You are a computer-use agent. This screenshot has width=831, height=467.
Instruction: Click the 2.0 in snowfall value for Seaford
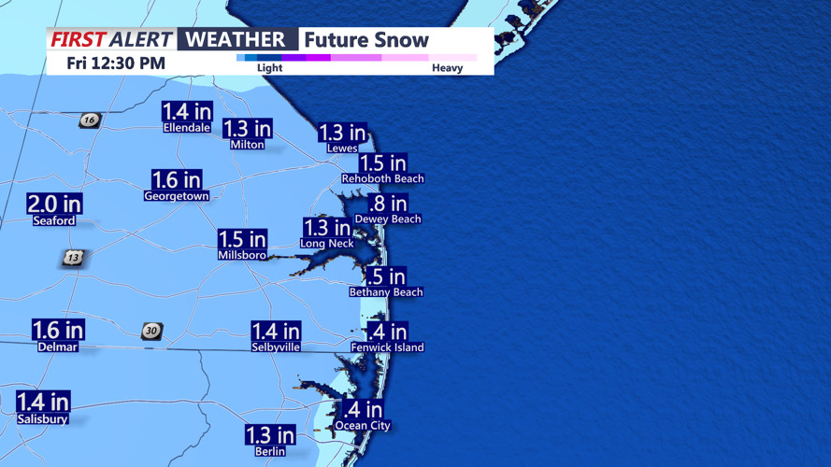tap(54, 204)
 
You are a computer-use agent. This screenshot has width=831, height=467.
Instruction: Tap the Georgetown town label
tap(177, 197)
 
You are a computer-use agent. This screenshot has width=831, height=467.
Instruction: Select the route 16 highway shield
tap(89, 120)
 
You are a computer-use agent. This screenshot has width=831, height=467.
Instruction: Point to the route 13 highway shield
tap(73, 258)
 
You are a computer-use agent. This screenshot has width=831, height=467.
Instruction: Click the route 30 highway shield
tap(151, 332)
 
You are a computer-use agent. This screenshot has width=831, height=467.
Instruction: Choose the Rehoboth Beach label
tap(382, 178)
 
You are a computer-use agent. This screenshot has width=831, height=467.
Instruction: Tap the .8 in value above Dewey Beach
tap(388, 204)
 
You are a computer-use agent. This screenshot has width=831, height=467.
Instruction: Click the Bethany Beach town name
tap(386, 292)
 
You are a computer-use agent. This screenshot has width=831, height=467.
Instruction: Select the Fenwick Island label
tap(387, 347)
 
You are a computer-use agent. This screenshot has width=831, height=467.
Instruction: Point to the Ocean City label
tap(363, 426)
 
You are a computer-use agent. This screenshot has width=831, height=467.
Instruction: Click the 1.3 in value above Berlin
tap(270, 435)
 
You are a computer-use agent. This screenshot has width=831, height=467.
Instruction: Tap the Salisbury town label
tap(43, 419)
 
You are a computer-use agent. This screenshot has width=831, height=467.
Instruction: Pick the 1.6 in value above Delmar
tap(58, 330)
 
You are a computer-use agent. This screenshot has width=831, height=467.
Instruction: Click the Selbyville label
tap(276, 347)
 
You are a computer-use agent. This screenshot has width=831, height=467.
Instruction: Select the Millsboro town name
tap(242, 255)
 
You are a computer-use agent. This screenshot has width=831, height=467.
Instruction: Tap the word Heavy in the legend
tap(447, 68)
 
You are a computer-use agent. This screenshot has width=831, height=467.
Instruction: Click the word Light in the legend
tap(269, 68)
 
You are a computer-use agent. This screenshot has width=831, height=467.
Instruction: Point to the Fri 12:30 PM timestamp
tap(116, 64)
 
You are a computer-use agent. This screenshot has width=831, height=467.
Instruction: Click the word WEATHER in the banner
tap(236, 39)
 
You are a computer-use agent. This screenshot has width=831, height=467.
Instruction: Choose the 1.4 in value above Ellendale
tap(187, 112)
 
